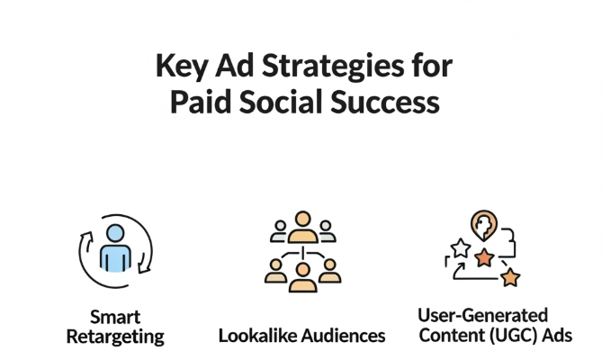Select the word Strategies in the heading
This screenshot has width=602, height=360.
point(333,67)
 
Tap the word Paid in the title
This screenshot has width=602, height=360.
point(201,103)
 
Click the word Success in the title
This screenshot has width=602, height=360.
point(385,103)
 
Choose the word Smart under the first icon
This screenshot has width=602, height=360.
point(115,318)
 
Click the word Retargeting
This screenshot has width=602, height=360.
point(115,337)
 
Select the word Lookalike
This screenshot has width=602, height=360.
point(257,336)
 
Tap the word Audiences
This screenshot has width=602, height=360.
point(343,336)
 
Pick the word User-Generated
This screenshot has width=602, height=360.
point(482,316)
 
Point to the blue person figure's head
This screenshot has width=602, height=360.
point(115,233)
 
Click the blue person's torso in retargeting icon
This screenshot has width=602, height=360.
point(115,258)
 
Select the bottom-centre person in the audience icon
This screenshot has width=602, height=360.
point(303,277)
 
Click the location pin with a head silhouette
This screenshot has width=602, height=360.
point(484,225)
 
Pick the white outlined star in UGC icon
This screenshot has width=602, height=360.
point(461,247)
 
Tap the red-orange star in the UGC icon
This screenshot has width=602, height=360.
point(484,257)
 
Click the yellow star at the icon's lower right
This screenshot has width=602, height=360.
point(510,277)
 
